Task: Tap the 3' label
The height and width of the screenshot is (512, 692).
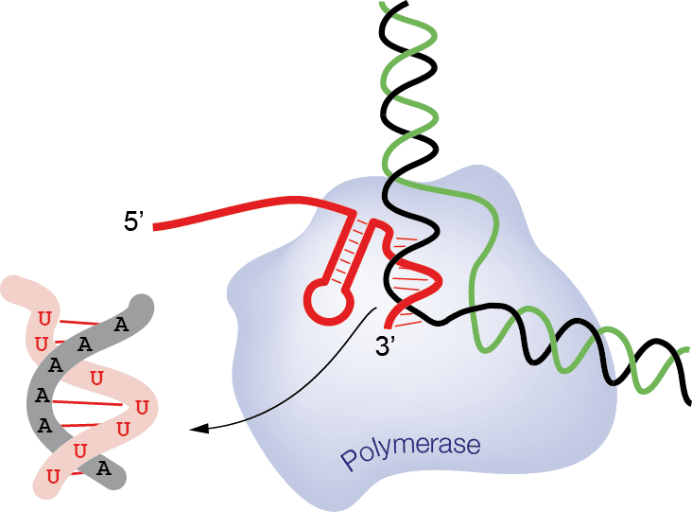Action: coord(388,348)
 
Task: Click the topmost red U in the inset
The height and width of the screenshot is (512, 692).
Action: coord(43,315)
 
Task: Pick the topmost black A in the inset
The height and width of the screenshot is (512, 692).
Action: coord(120,325)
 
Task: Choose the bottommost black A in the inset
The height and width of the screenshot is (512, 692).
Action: coord(104,468)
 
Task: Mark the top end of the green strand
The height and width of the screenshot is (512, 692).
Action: coord(383,5)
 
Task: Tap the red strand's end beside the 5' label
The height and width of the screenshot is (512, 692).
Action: coord(156,226)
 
